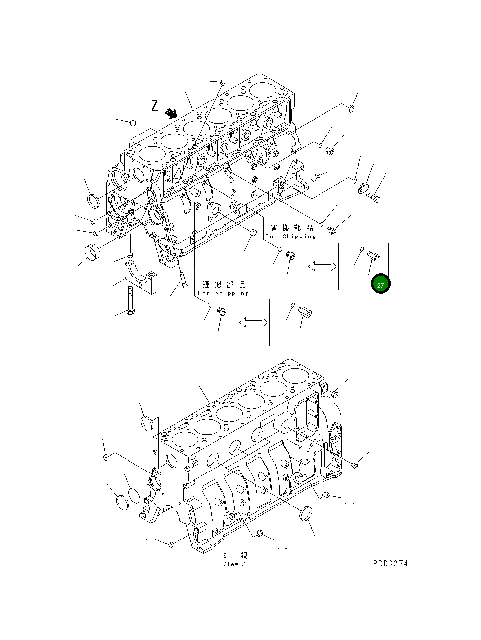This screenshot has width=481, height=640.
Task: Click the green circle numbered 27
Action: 380,284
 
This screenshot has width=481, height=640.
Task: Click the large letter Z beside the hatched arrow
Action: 155,105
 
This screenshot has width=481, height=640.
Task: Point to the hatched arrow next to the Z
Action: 171,113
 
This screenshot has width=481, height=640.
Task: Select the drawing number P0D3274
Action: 390,563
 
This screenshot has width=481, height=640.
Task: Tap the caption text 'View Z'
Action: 234,564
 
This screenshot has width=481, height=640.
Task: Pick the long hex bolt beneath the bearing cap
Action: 130,300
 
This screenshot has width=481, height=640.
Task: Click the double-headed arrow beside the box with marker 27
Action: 322,266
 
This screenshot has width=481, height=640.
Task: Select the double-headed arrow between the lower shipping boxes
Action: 254,322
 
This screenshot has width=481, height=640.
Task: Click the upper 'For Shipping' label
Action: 290,236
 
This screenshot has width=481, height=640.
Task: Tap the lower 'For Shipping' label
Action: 223,293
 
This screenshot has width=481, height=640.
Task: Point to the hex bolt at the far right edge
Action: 374,199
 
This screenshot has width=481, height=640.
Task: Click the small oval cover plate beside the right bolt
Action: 364,188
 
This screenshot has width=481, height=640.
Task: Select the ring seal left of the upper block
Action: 93,201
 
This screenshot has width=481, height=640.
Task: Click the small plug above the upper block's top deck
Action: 223,82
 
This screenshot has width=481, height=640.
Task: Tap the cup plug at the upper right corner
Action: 351,108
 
